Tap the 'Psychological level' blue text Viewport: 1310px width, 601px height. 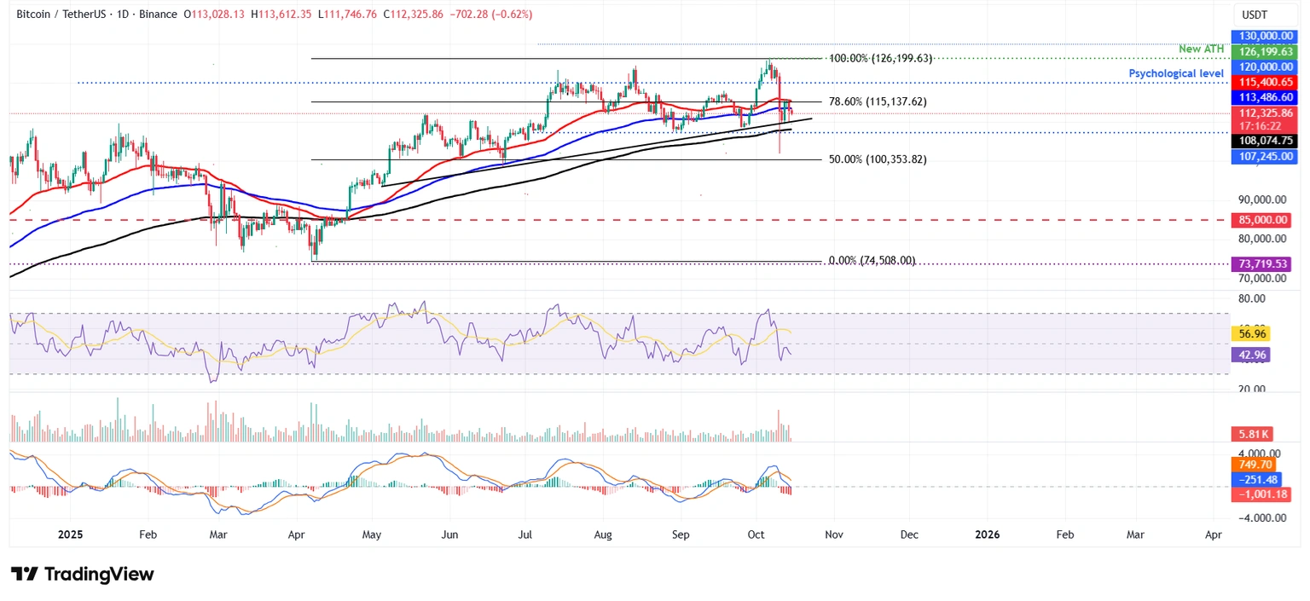[x=1176, y=73]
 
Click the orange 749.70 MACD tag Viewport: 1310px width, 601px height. [x=1252, y=465]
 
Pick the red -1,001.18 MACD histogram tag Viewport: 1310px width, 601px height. [x=1259, y=494]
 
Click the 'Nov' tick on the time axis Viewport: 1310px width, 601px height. [x=833, y=535]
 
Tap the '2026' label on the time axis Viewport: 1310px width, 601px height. [x=988, y=535]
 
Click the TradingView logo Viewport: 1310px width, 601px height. [x=83, y=574]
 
